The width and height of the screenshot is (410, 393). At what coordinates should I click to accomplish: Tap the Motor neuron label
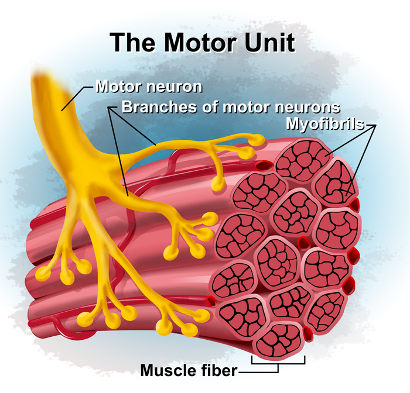(x=149, y=87)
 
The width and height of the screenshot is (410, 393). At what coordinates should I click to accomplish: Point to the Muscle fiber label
(x=189, y=370)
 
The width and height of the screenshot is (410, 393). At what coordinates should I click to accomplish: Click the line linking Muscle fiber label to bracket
(x=252, y=371)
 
